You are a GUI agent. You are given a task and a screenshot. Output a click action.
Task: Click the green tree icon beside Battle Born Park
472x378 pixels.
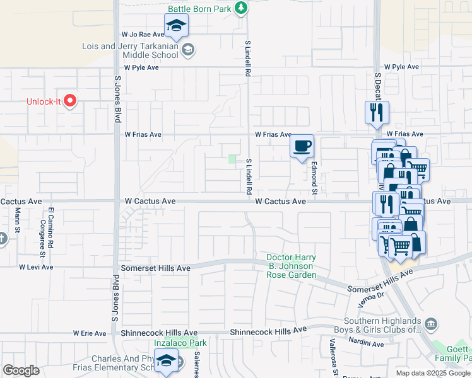tap(240, 8)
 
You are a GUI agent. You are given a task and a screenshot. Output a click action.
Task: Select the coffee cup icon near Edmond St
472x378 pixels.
tap(302, 146)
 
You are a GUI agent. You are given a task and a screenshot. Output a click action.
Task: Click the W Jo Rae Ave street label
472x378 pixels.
tap(143, 35)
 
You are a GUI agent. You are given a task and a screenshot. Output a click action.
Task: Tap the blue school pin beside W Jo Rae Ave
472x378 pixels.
tap(177, 26)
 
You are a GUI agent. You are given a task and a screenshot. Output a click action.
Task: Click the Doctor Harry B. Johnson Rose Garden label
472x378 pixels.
tap(291, 266)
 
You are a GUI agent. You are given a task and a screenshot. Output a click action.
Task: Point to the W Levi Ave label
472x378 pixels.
tap(36, 267)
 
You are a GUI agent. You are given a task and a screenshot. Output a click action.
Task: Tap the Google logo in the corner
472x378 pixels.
tap(21, 370)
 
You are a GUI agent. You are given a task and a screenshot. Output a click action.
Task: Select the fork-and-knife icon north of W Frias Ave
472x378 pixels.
tap(377, 113)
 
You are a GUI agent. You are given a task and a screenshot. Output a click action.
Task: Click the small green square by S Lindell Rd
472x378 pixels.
tap(233, 159)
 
